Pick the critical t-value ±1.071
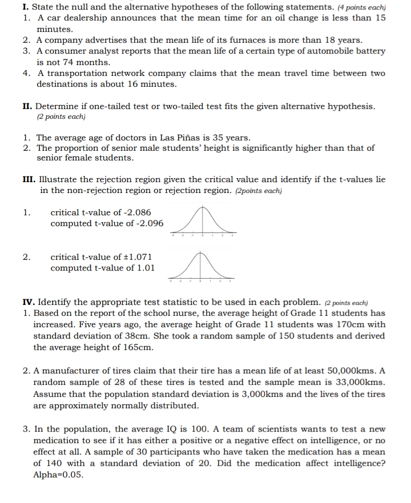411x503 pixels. click(x=137, y=257)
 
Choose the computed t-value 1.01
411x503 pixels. click(x=143, y=268)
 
